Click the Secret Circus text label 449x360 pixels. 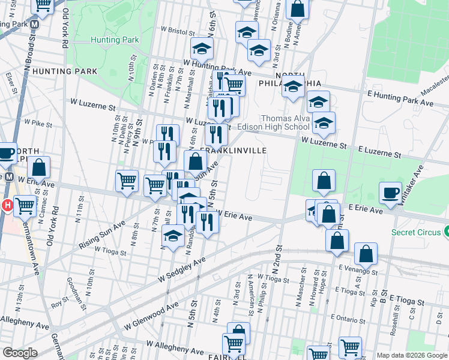pyautogui.click(x=415, y=232)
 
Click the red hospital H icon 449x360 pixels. pyautogui.click(x=7, y=206)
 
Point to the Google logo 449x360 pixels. pyautogui.click(x=20, y=353)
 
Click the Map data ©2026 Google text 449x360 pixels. pyautogui.click(x=412, y=355)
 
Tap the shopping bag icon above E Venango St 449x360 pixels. pyautogui.click(x=366, y=253)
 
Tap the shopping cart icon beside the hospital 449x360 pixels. pyautogui.click(x=25, y=206)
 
